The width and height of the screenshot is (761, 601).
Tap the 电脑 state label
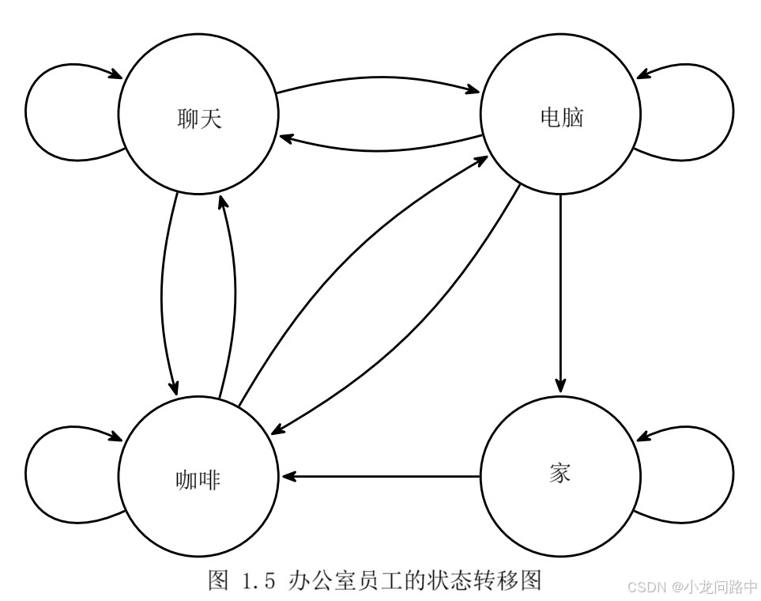point(560,118)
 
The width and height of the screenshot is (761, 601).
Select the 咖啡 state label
point(198,479)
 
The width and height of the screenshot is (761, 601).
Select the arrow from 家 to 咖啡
point(379,477)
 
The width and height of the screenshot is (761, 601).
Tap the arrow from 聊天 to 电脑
point(379,79)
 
